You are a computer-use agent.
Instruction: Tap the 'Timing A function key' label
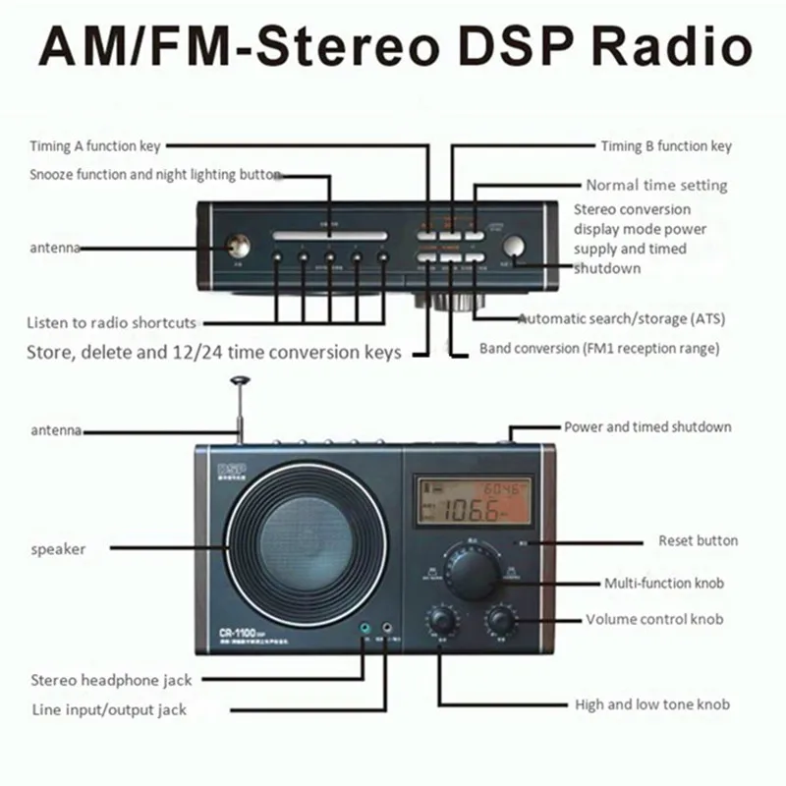[x=94, y=146]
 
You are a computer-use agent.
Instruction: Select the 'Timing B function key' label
[x=666, y=146]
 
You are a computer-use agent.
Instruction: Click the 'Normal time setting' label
[x=656, y=185]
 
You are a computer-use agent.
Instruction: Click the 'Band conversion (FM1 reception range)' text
[x=599, y=348]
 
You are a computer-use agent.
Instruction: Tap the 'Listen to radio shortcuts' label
[x=112, y=322]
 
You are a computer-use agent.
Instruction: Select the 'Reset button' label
[x=698, y=540]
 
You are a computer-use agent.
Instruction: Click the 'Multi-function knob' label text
[x=664, y=584]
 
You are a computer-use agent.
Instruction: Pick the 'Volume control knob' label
[x=654, y=620]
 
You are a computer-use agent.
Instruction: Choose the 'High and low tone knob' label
[x=652, y=704]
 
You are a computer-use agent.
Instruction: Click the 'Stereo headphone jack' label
[x=111, y=679]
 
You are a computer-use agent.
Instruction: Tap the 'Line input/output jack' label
[x=108, y=709]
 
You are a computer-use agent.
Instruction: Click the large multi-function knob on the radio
[x=473, y=571]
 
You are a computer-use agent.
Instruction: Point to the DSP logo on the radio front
[x=228, y=467]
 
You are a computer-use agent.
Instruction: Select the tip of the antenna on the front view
[x=237, y=378]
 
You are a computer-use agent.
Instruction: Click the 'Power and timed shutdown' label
[x=647, y=427]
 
